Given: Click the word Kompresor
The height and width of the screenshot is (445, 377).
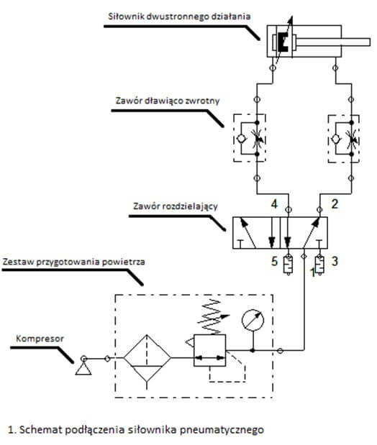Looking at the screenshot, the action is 40,339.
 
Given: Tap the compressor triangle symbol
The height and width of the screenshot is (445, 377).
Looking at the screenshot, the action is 83,369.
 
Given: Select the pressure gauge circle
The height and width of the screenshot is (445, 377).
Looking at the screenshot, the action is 253,320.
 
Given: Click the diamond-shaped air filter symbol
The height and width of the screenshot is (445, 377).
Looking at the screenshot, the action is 147,359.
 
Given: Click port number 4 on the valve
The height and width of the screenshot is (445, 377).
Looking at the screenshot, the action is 274,203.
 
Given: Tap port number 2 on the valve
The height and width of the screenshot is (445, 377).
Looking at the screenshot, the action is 335,203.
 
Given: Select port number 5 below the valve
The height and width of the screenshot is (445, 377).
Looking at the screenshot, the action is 274,261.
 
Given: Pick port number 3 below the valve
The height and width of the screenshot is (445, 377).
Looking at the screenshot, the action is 335,261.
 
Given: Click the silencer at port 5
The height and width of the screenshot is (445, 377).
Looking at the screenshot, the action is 289,265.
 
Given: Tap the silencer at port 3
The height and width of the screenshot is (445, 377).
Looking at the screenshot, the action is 319,265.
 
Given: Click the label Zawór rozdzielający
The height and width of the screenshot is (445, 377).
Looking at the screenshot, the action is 176,206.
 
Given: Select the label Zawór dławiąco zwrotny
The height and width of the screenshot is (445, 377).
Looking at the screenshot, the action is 168,101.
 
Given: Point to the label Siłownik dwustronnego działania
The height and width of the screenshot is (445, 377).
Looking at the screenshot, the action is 179,17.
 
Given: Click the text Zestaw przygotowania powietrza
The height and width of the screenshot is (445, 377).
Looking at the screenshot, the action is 74,262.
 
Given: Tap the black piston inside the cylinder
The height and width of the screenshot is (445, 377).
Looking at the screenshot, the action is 283,42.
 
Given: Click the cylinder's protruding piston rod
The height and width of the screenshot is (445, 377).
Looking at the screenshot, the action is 333,42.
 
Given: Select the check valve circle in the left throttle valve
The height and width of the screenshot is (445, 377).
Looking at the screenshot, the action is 241,139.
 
